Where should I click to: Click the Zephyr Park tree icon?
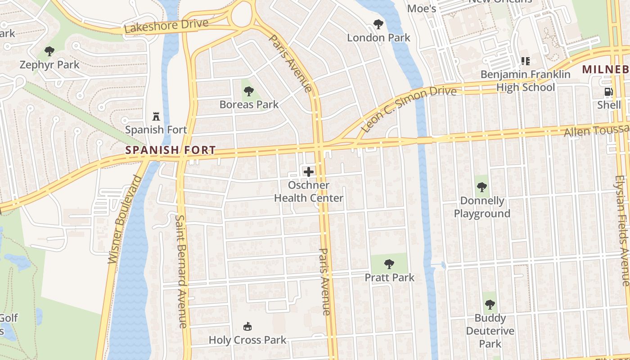pos(49,51)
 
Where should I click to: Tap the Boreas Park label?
pos(249,104)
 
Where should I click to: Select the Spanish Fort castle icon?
pos(156,116)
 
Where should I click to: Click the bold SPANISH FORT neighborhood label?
pos(171,150)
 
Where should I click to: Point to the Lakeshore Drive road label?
pos(166,26)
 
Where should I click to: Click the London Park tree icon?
pos(378,24)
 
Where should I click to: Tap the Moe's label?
pos(422,8)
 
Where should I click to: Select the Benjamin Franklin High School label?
pos(525,81)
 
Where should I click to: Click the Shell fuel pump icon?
pos(608,92)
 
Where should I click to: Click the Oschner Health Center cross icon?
pos(309,171)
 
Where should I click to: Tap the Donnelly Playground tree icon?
pos(481,187)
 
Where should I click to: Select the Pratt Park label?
pos(389,277)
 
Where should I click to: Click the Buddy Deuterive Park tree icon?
pos(490,305)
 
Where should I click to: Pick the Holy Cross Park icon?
pos(247,326)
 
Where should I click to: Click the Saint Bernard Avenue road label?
pos(181,271)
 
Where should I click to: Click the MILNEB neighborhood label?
pos(605,69)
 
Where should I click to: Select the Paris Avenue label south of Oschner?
pos(325,281)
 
